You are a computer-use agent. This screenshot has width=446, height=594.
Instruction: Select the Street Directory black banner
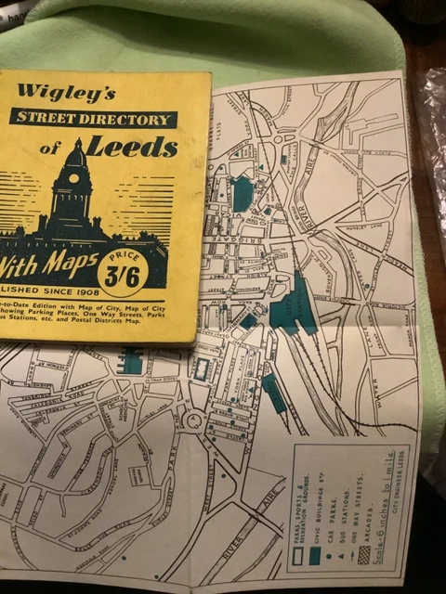click(94, 118)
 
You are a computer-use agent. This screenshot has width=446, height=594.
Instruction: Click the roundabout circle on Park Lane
click(193, 420)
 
